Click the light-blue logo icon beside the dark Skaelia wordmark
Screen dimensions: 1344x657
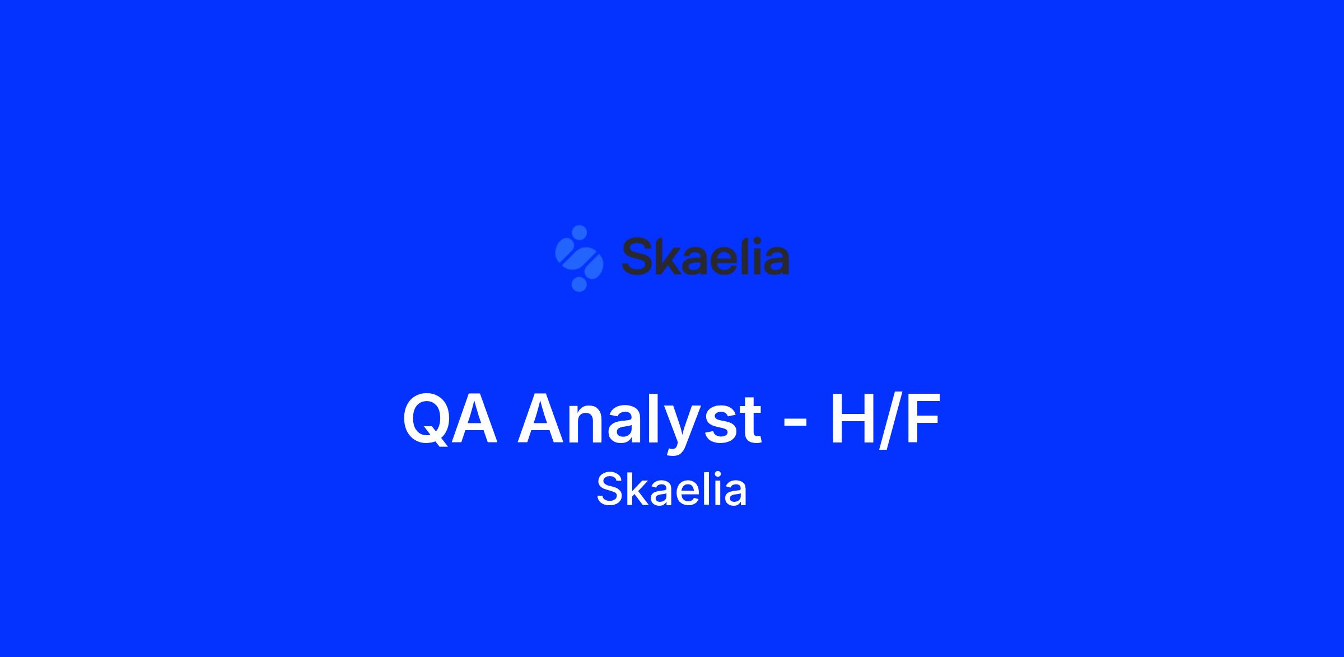coord(579,258)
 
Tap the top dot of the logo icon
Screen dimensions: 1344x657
coord(580,232)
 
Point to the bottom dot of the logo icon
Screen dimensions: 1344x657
coord(579,284)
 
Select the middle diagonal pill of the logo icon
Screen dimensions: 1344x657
coord(579,258)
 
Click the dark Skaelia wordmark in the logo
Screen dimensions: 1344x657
coord(706,255)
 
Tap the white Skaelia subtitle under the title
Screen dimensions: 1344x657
coord(671,490)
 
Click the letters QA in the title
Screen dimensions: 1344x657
coord(450,420)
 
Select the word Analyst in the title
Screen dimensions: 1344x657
coord(639,423)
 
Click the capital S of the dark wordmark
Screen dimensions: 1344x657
coord(638,256)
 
